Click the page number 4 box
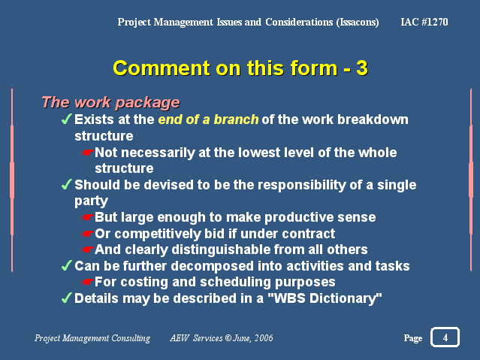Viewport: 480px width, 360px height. (445, 337)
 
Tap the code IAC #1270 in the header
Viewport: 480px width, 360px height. (424, 22)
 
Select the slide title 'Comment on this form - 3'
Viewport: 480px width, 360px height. (240, 68)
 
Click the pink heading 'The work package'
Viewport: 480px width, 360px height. (110, 102)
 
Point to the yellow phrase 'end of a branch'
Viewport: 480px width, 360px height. (208, 119)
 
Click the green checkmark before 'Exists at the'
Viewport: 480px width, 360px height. (66, 119)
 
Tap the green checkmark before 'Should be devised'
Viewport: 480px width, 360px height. (66, 184)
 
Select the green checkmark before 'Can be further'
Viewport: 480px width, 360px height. (66, 265)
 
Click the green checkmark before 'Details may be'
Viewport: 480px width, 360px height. (66, 298)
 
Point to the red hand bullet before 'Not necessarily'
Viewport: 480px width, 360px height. (87, 153)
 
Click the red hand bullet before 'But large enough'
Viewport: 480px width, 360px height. (87, 217)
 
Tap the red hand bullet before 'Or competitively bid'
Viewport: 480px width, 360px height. (87, 234)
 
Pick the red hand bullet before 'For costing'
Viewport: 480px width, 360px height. (87, 282)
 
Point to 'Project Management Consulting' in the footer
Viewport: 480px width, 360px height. (92, 338)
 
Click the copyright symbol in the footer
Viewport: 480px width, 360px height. (228, 338)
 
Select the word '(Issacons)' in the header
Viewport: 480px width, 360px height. (358, 22)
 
